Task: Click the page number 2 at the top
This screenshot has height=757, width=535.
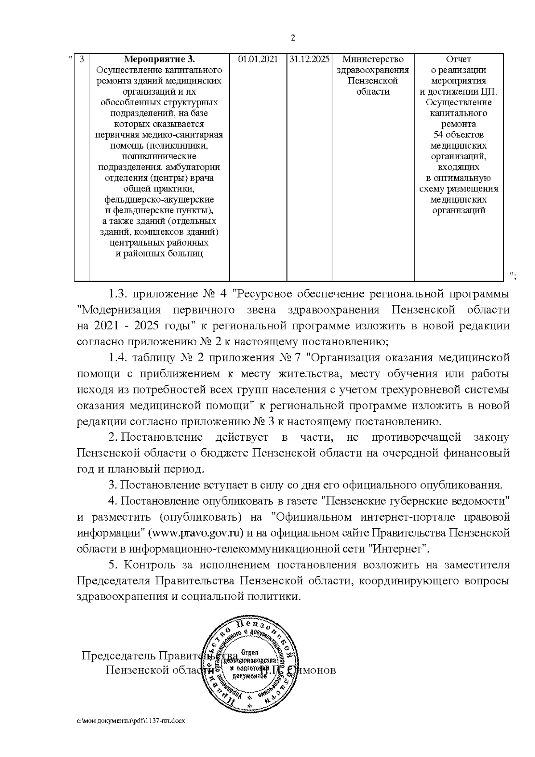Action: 293,38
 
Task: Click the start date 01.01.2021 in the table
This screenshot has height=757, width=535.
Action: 258,59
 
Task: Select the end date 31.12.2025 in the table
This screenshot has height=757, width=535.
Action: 309,59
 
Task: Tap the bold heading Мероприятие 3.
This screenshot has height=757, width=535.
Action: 159,59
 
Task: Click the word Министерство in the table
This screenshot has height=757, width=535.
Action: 373,59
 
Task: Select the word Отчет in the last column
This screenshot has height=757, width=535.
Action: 458,59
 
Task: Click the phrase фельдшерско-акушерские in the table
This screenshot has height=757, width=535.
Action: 159,199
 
